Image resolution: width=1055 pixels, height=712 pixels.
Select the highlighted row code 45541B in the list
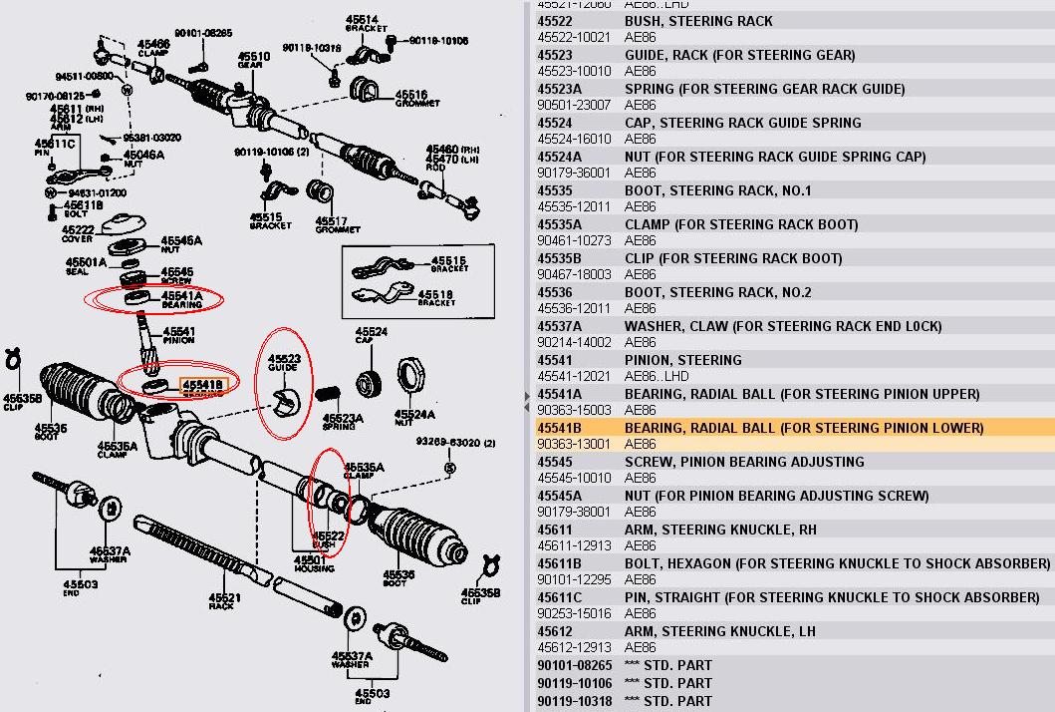click(x=559, y=428)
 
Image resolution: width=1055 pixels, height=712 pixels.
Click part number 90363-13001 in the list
click(x=574, y=444)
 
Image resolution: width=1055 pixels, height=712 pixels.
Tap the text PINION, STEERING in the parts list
click(x=682, y=360)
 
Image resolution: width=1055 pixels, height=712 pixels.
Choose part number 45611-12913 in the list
click(x=574, y=545)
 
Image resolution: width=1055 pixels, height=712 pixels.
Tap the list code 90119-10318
click(x=574, y=700)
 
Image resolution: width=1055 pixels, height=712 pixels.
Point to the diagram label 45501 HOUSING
click(x=314, y=563)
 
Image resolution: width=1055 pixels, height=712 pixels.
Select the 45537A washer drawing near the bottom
click(x=354, y=620)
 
